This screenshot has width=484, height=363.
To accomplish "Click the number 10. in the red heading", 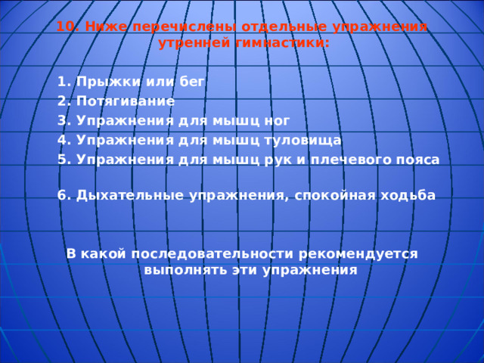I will click(x=68, y=26).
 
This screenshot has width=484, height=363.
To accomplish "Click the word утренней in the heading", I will click(x=194, y=43).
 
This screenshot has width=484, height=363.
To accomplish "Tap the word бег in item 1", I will click(x=192, y=82).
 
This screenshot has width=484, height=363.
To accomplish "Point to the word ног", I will click(x=277, y=121).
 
